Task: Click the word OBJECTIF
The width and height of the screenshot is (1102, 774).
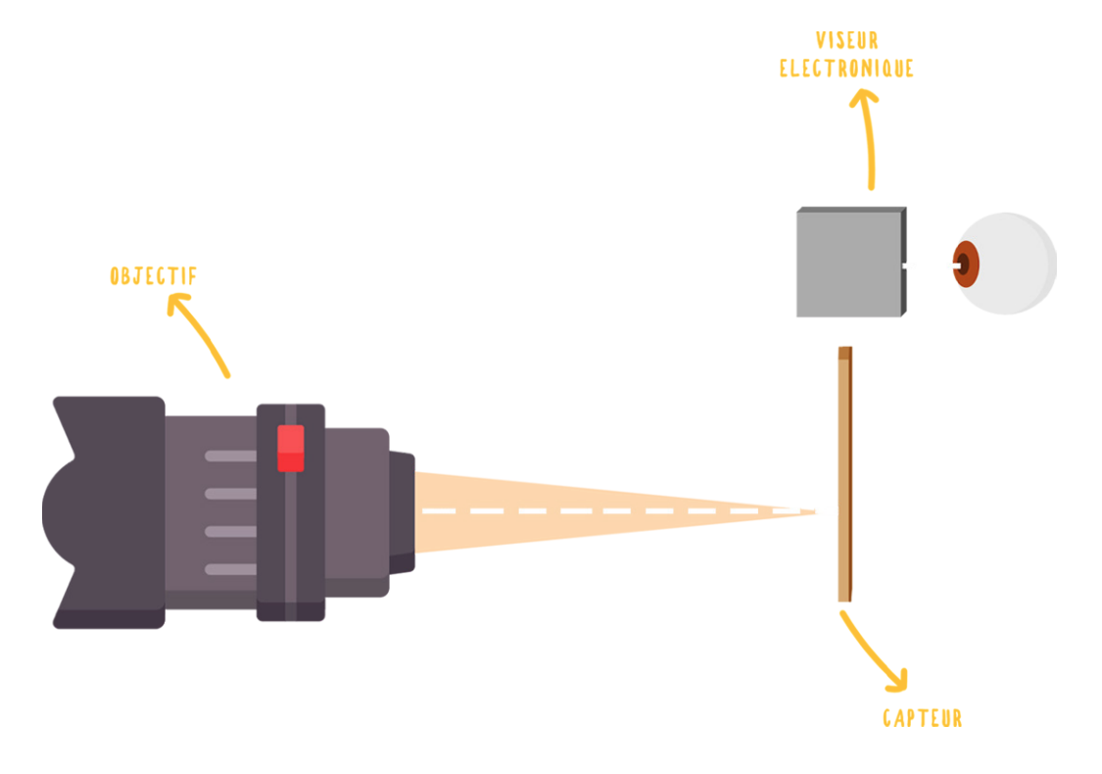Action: tap(153, 275)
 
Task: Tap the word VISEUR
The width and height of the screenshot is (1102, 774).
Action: tap(847, 41)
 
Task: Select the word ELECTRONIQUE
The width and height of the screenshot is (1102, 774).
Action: tap(847, 69)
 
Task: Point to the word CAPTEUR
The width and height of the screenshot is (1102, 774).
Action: tap(922, 718)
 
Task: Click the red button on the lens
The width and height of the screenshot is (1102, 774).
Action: tap(290, 448)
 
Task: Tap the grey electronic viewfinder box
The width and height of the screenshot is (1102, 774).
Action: tap(851, 263)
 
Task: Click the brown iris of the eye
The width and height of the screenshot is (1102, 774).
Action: tap(966, 264)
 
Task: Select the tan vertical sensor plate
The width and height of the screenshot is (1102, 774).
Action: tap(844, 474)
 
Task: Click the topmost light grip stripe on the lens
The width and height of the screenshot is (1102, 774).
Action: tap(230, 457)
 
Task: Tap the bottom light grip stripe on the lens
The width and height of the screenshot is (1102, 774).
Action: tap(230, 569)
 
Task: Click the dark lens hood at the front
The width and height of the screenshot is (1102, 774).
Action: tap(106, 511)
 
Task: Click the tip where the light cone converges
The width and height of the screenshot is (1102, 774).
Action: tap(817, 511)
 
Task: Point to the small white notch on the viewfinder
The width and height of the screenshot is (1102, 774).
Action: tap(904, 266)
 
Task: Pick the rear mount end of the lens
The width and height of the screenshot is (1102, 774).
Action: tap(402, 512)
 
